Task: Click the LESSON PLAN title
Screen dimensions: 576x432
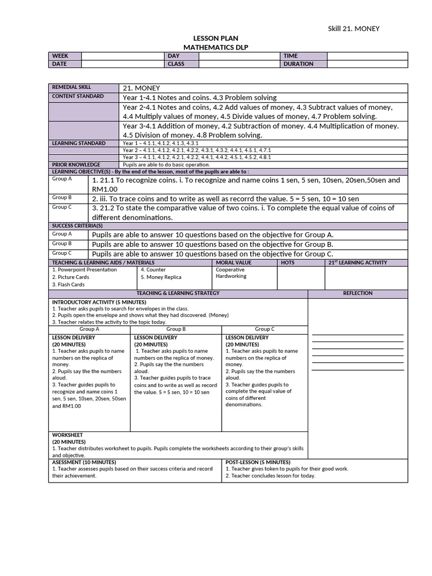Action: (215, 38)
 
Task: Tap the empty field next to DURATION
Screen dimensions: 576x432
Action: (367, 64)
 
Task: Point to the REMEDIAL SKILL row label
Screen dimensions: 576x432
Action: (71, 88)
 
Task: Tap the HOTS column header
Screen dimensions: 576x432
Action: (287, 263)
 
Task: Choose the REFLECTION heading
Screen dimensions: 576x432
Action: (357, 294)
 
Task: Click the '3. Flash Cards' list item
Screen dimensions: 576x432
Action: (69, 285)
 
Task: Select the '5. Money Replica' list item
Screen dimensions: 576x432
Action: (161, 277)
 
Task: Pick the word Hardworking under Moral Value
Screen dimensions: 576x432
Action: (231, 277)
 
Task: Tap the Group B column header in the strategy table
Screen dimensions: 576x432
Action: (176, 329)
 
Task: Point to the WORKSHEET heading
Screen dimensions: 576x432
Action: (67, 435)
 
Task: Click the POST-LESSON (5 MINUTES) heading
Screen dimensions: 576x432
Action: (258, 462)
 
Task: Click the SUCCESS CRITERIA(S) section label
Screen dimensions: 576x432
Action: (78, 226)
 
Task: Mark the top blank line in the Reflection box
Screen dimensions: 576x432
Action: (358, 335)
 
